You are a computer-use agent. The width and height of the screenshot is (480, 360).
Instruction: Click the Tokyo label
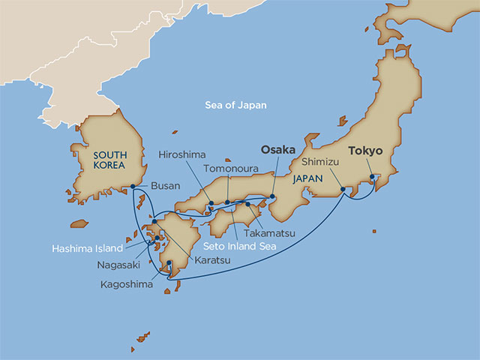tap(364, 160)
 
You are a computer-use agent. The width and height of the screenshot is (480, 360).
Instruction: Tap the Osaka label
tap(277, 169)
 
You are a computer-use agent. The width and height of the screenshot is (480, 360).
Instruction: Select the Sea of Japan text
tap(235, 106)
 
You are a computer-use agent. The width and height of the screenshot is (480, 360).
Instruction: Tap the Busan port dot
tap(133, 187)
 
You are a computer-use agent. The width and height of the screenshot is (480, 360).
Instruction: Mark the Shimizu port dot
tap(343, 189)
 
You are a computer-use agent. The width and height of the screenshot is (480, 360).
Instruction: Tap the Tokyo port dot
tap(372, 179)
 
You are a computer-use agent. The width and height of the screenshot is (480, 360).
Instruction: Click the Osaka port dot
tap(272, 197)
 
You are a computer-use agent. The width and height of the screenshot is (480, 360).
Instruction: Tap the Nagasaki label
tap(117, 265)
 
